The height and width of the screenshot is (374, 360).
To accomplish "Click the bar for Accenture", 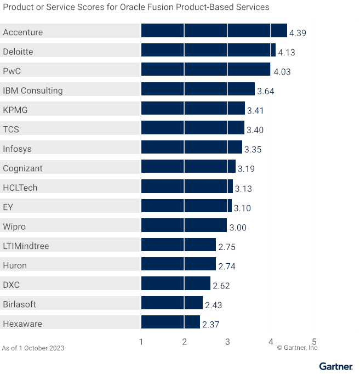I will coord(214,31).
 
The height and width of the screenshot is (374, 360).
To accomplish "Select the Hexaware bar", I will coord(170,322).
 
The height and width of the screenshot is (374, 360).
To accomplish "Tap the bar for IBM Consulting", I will coord(198,89).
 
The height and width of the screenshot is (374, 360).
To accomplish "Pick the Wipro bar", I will coord(184,225).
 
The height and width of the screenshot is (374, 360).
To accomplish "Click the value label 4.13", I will coord(287,53).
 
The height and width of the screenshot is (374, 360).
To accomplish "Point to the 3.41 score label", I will coord(256,111).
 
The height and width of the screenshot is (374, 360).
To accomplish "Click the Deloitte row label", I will coord(18,52).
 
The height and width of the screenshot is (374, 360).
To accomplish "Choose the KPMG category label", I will coord(15,110).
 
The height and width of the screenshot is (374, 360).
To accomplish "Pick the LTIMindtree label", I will coord(26,246).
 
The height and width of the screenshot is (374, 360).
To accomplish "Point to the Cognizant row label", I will coord(22,168).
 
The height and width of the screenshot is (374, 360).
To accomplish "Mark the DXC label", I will coord(12,285).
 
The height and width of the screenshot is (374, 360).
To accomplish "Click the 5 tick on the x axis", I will coord(314,342).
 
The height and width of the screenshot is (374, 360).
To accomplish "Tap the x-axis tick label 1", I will coord(141,342).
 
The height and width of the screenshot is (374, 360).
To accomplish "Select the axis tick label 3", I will coord(227,342).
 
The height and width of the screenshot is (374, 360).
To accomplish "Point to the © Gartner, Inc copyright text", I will coord(297,348).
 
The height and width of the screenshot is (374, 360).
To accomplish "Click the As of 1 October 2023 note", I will coord(33,348).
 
